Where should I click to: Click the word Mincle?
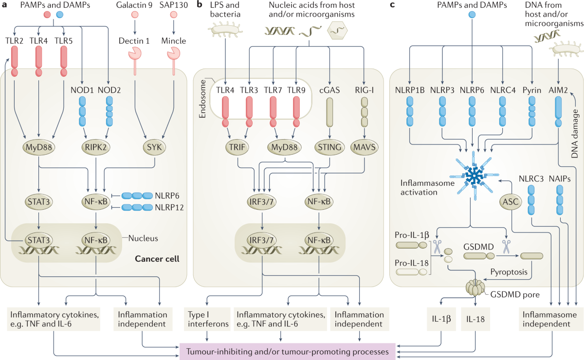pyautogui.click(x=173, y=41)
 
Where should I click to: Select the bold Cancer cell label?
pyautogui.click(x=157, y=259)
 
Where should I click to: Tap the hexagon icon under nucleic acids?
pyautogui.click(x=335, y=32)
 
